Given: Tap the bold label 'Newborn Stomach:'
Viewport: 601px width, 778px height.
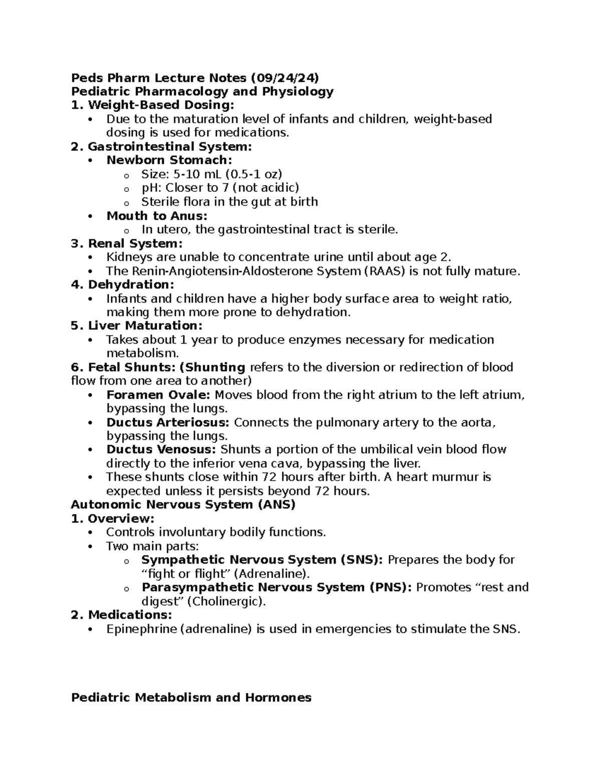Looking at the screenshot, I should (169, 160).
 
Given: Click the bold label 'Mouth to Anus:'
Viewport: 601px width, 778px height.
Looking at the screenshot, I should (157, 216).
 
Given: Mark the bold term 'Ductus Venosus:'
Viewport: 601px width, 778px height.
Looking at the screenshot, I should (161, 449).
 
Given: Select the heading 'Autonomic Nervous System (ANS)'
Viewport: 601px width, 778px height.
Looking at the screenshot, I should (183, 504).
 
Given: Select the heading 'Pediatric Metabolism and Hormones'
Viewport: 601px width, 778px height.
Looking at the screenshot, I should (191, 697).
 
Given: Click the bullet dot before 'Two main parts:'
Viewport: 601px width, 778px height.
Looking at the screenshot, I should (90, 547).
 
